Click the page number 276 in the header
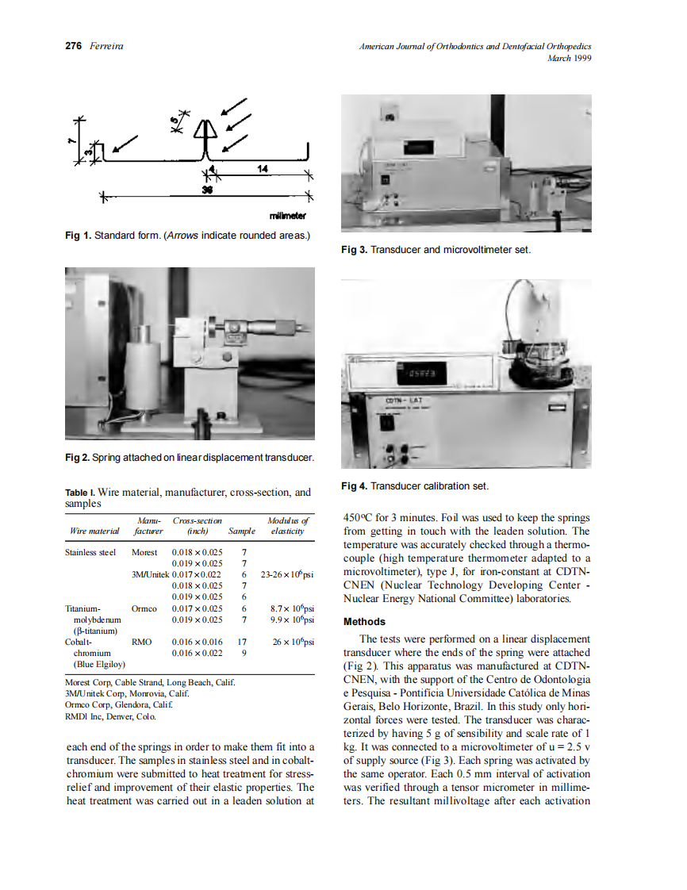73,46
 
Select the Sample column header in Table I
242,531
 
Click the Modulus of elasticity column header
287,526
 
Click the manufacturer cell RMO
141,642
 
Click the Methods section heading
364,622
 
